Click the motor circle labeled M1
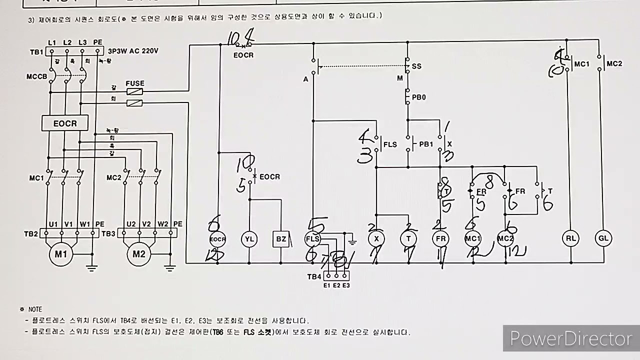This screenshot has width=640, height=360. [61, 254]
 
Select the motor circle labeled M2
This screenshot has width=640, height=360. [139, 254]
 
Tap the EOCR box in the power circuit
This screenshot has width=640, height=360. [65, 123]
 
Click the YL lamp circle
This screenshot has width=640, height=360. [249, 239]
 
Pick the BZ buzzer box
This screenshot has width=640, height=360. [281, 239]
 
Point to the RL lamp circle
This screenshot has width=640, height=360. [571, 238]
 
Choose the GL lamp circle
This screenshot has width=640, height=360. [603, 238]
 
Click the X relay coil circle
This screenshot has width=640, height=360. [376, 239]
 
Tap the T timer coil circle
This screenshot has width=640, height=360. [408, 239]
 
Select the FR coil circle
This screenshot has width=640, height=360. [440, 239]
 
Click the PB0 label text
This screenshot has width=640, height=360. [418, 97]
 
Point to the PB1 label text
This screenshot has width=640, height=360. [426, 144]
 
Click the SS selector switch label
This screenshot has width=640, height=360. [416, 66]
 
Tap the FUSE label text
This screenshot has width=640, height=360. [135, 83]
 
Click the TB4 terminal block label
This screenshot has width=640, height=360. [314, 276]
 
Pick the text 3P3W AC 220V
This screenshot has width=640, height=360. [133, 51]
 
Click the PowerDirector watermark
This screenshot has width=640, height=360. [570, 338]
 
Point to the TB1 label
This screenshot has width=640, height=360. [36, 52]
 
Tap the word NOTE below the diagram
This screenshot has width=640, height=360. [35, 309]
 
